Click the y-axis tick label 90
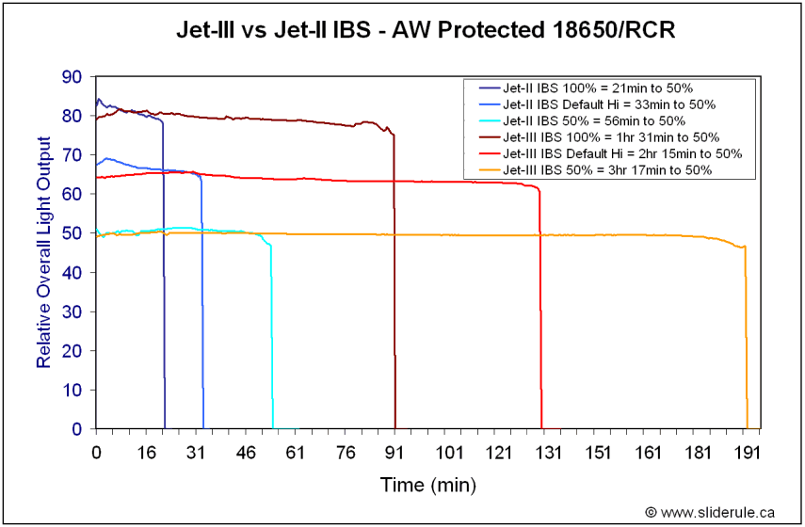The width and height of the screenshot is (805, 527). [x=72, y=76]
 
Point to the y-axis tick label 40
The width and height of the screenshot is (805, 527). [x=72, y=272]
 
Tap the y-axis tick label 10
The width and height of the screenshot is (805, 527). [x=72, y=390]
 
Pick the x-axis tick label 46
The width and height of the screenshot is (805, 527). [x=246, y=453]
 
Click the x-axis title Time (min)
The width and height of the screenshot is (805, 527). [x=427, y=486]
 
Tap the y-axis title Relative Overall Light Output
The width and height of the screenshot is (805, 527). [x=43, y=252]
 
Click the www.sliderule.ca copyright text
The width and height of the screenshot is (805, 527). [x=710, y=512]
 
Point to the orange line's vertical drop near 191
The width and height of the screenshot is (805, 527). [x=747, y=339]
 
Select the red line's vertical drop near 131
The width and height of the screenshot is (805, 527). [x=541, y=311]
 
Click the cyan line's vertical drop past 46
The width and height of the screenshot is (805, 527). [x=272, y=339]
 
